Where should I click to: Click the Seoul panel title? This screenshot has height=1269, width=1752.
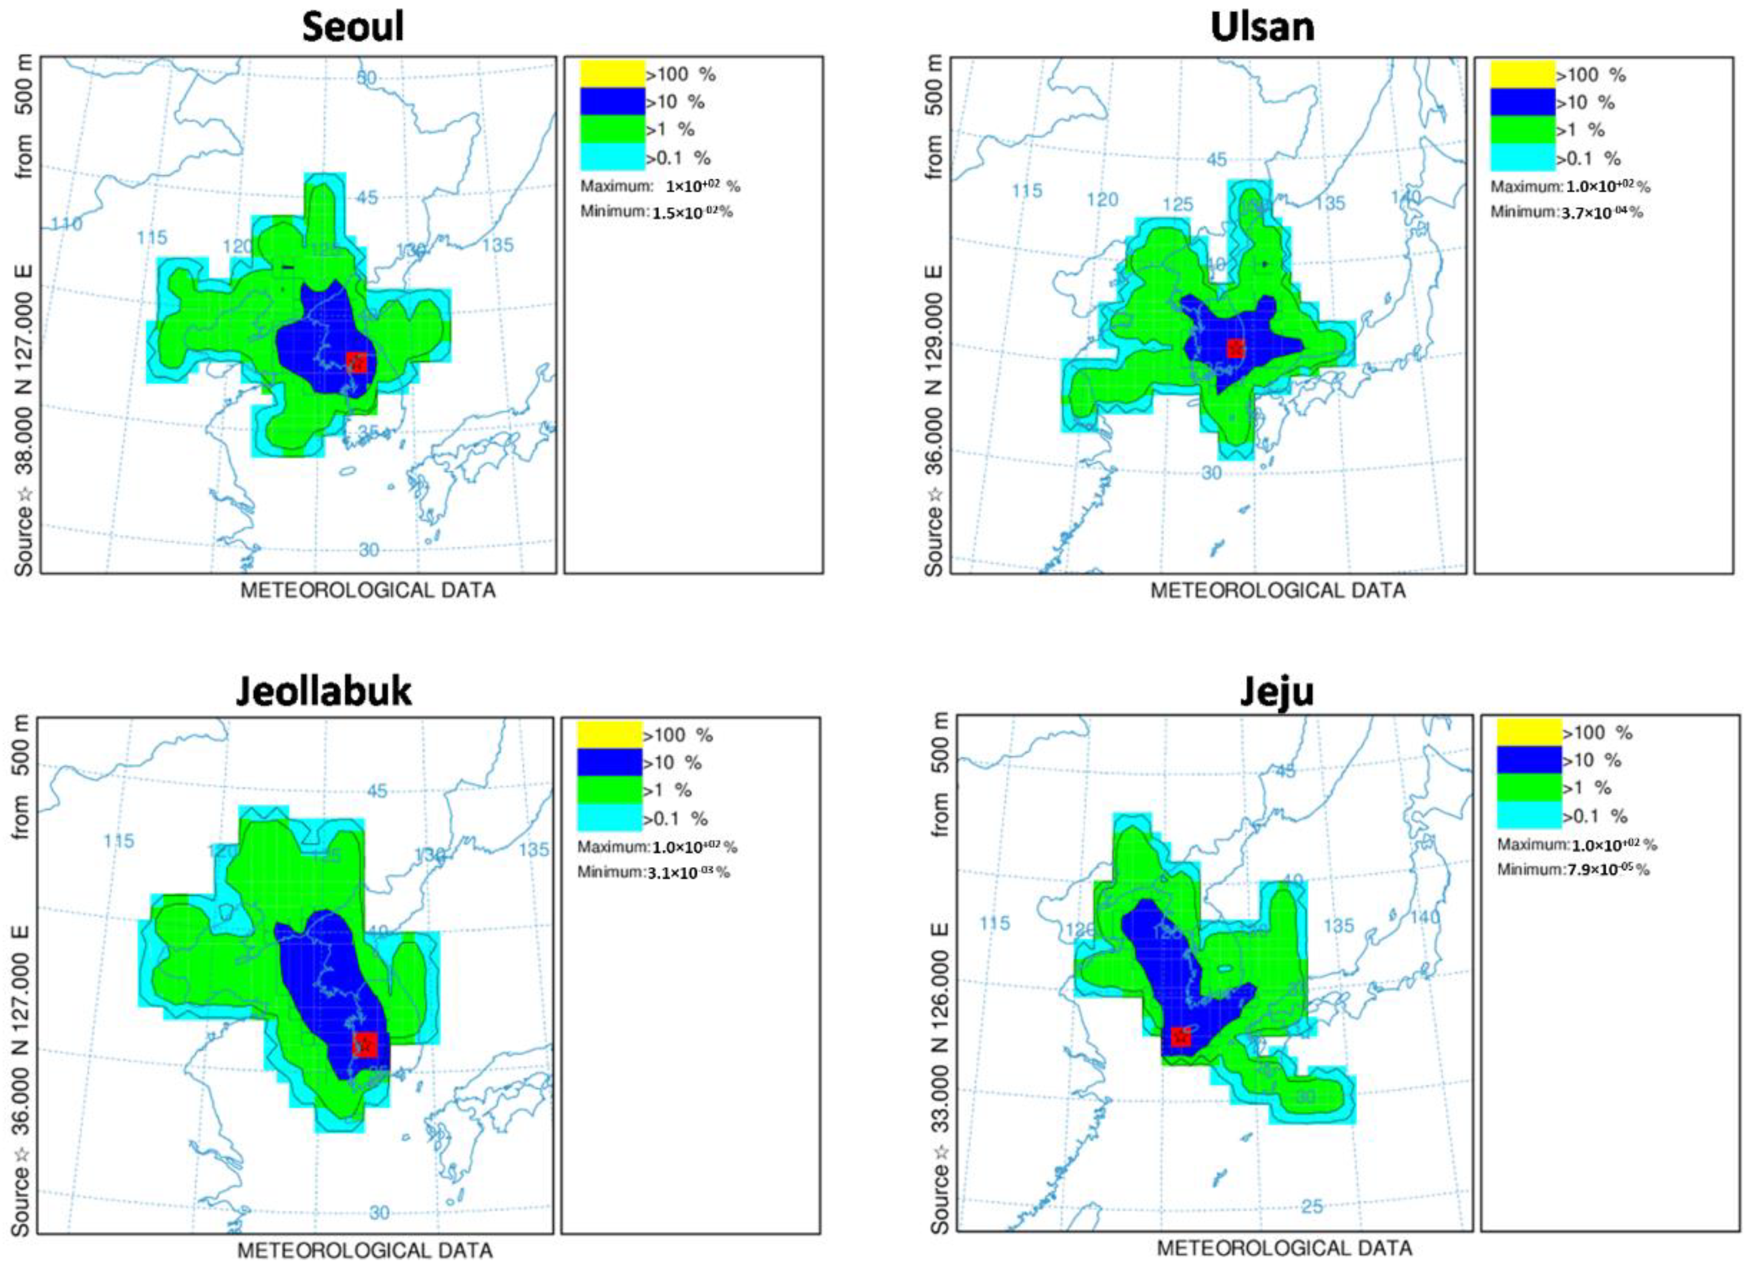coord(353,28)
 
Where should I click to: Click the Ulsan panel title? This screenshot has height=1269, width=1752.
coord(1262,28)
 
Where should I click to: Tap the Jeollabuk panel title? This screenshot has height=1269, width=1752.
coord(324,690)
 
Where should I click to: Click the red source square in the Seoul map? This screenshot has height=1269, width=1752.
coord(356,362)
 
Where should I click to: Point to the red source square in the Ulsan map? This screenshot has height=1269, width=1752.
coord(1235,348)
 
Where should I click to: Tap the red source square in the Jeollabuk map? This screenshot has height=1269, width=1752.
coord(365,1044)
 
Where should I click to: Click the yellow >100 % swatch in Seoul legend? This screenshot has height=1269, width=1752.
coord(612,74)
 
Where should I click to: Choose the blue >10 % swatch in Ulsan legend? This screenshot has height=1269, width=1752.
coord(1522,102)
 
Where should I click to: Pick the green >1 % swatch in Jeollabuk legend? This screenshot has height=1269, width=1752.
coord(609,790)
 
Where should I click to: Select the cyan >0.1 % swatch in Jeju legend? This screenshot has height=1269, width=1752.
coord(1529,816)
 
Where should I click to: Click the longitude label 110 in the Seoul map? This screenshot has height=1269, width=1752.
coord(67,224)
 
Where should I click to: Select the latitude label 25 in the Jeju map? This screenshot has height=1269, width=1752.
coord(1312,1205)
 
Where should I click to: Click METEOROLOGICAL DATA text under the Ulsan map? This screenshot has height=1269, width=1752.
coord(1277,590)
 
